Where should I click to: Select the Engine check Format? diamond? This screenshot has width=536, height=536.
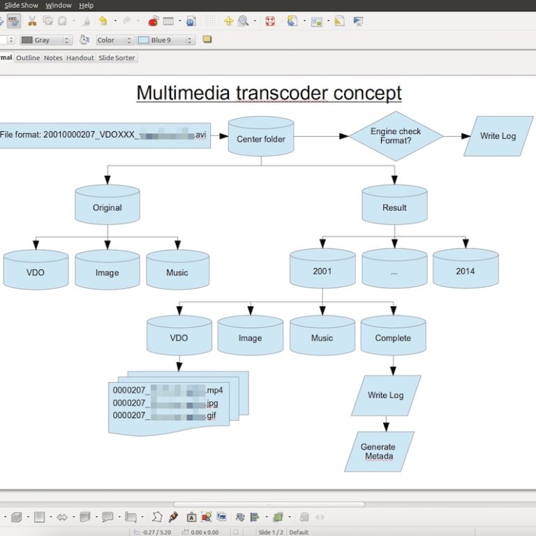[395, 135]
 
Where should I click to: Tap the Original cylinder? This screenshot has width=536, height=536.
[107, 207]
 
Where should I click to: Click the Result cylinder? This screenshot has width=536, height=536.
[394, 207]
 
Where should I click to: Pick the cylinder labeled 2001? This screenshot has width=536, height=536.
[322, 271]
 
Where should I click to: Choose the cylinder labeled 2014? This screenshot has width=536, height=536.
[466, 271]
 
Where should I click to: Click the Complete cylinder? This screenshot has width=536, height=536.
[393, 337]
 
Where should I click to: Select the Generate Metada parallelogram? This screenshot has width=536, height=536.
[378, 451]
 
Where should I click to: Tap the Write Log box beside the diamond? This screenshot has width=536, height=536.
[498, 135]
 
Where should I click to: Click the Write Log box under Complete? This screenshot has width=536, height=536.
[386, 395]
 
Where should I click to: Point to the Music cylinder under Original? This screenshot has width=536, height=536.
[177, 271]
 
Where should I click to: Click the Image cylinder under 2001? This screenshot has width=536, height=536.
[250, 337]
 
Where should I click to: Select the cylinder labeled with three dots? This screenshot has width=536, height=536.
[394, 271]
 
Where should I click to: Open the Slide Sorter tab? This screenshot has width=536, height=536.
[117, 58]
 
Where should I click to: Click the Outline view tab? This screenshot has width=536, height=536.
[28, 58]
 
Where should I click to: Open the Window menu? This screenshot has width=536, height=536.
[59, 5]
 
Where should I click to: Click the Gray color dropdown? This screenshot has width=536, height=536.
[46, 40]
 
